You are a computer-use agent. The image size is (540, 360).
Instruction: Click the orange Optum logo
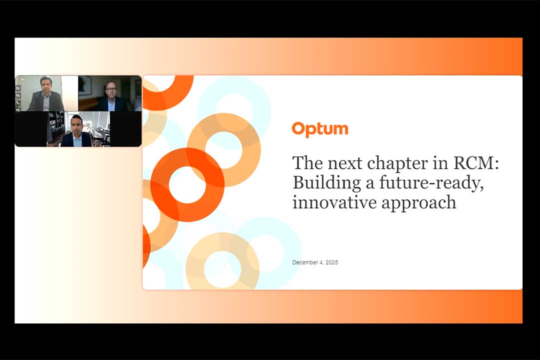coord(320,129)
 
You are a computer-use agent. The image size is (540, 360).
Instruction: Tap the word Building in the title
coord(326,183)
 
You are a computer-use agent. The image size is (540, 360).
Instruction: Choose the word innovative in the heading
coord(334,202)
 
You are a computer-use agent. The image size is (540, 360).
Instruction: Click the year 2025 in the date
coord(331,262)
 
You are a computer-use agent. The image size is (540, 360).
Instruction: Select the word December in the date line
coord(305,262)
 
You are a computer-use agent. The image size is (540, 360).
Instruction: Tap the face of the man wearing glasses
coord(111,90)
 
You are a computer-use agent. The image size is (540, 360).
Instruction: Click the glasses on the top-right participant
coord(111,89)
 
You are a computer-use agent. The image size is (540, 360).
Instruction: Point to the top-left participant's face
coord(46,85)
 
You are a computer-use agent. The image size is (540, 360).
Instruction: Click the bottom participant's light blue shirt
coord(77,140)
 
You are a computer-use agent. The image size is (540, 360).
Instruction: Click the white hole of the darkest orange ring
coord(187,184)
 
